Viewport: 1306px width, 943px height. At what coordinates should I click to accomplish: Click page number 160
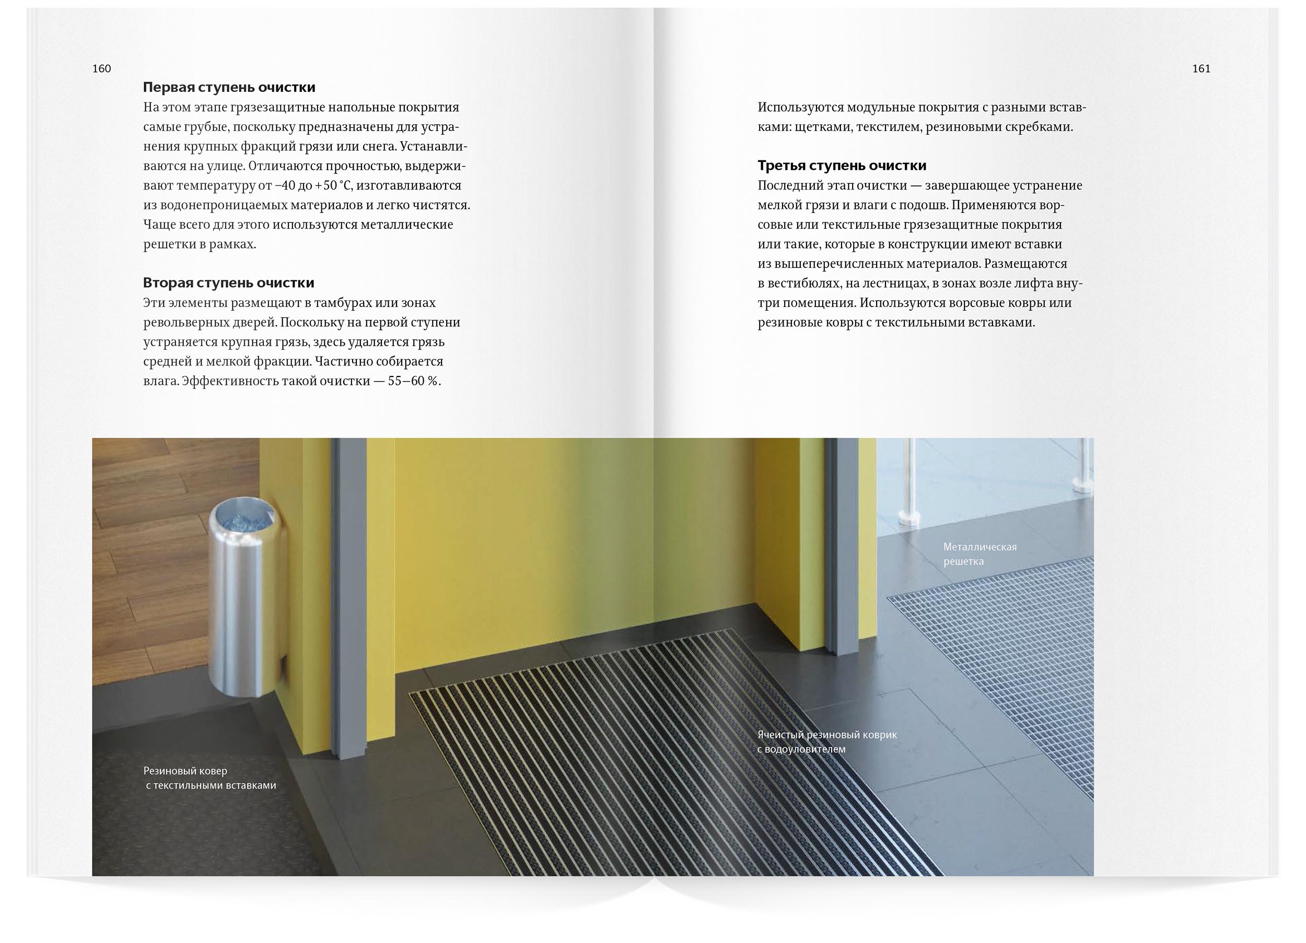[101, 68]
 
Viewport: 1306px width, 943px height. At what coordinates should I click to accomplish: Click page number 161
[1201, 68]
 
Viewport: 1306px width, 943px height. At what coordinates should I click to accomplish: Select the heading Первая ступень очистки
[229, 88]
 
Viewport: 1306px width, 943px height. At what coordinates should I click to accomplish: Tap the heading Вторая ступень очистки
[229, 282]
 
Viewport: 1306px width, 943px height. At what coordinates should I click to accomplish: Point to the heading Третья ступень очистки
[842, 166]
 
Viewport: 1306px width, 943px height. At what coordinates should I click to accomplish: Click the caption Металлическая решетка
[979, 554]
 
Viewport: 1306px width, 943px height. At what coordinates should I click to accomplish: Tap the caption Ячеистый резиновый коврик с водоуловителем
[827, 742]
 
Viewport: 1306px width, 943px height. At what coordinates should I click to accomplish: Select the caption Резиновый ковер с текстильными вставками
[210, 778]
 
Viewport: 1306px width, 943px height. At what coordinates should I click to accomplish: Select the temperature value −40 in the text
[287, 186]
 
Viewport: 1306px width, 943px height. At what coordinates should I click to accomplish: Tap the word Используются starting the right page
[800, 108]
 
